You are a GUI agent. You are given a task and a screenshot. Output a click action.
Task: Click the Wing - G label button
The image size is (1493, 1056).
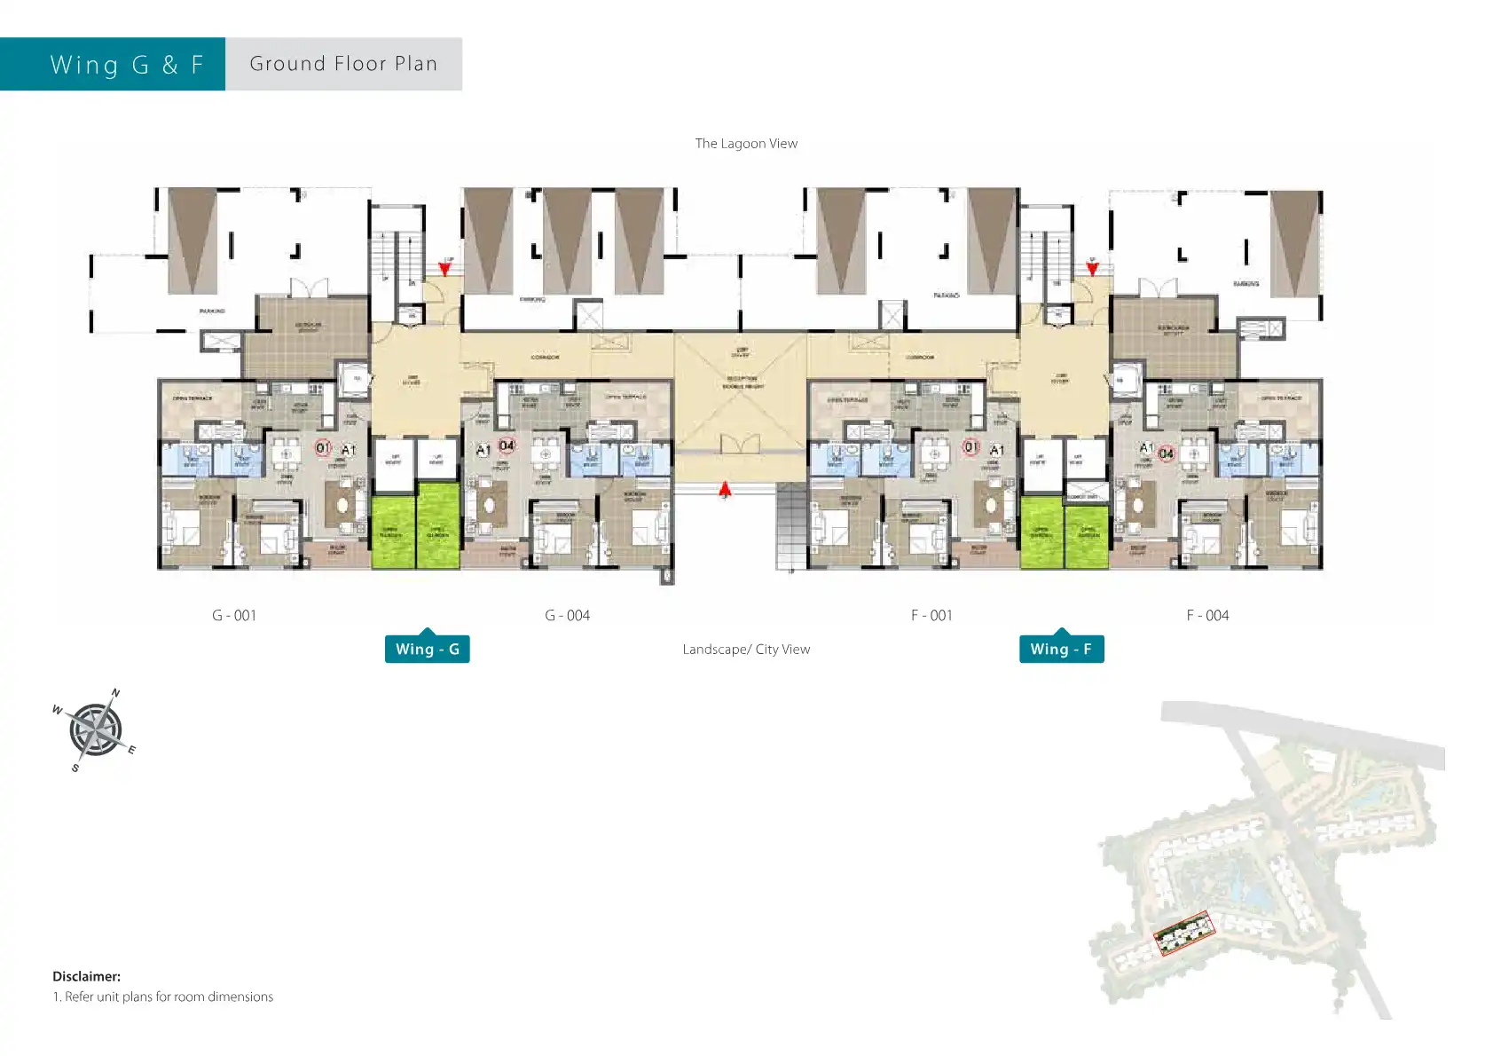coord(427,650)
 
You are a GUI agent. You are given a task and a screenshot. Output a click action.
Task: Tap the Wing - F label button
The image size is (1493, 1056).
coord(1061,650)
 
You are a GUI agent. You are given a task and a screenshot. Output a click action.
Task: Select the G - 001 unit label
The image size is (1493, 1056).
coord(234,616)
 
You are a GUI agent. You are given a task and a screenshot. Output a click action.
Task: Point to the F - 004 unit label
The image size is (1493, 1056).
coord(1207,616)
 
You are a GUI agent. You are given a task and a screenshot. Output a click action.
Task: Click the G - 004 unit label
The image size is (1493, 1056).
coord(567,616)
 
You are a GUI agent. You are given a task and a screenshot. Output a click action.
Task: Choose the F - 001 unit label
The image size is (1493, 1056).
coord(931,616)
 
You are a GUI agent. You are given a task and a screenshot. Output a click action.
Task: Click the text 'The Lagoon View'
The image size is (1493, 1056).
coord(746,144)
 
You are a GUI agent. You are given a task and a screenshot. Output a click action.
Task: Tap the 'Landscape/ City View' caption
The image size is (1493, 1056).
coord(746,650)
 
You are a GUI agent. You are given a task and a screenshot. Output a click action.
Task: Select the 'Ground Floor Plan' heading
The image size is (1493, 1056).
coord(343,64)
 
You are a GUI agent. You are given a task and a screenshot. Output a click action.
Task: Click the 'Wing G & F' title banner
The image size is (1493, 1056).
coord(127,65)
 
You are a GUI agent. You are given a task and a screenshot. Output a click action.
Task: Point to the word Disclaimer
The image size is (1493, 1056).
coord(86,976)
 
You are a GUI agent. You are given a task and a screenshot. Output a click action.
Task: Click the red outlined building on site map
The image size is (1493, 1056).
coord(1183,934)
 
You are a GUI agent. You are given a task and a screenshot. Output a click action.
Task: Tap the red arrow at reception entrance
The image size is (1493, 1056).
coord(725,489)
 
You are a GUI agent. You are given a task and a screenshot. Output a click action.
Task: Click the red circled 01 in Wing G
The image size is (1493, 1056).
coord(323,448)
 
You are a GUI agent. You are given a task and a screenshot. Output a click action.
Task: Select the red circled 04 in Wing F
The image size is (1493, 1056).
coord(1167,453)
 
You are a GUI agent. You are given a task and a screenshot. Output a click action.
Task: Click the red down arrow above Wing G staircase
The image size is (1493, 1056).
coord(444,268)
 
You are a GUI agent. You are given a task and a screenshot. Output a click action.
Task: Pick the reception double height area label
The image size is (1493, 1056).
coord(741,382)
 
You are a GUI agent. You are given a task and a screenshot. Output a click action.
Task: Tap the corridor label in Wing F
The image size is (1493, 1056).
coord(920,358)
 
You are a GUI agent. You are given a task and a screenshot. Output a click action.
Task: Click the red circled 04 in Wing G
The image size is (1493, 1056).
coord(506,445)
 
